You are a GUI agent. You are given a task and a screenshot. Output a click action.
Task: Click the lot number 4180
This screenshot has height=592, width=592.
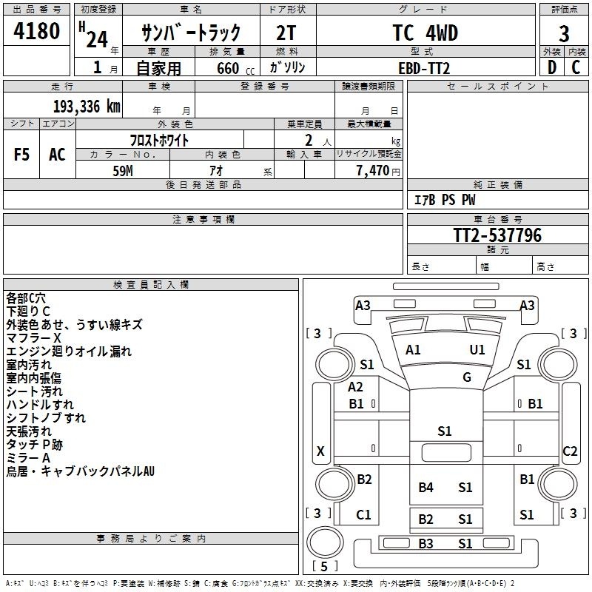[36, 30]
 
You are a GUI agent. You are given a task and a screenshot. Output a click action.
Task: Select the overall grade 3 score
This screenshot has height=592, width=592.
[564, 33]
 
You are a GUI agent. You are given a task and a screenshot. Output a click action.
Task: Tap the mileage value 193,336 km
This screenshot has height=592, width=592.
[87, 107]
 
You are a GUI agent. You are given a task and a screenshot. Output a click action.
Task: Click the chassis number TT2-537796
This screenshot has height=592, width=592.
[497, 235]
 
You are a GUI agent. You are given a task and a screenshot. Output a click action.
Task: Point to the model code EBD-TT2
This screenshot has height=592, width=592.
[424, 68]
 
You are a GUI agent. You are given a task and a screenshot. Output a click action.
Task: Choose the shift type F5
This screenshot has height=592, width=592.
[21, 155]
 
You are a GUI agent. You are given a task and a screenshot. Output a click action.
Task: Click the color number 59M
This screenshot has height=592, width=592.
[123, 171]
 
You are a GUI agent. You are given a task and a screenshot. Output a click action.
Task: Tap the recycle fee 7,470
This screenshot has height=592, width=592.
[373, 170]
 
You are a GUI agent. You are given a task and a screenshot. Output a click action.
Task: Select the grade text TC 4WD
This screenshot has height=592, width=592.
[425, 33]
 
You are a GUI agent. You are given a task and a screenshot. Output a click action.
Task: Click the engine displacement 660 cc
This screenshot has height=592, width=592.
[235, 68]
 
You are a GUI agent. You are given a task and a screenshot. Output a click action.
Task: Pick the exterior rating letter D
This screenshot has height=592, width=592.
[551, 67]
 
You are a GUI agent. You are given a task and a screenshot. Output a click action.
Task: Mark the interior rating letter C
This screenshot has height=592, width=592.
[576, 67]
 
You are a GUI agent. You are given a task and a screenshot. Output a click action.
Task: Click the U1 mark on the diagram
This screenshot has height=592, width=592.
[477, 349]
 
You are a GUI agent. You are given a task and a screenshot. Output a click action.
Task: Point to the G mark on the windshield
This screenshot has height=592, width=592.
[467, 377]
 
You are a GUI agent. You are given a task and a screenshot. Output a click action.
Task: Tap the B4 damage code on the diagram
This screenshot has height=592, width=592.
[425, 487]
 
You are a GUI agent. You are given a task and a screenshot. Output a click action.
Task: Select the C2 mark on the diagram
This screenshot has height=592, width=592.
[570, 451]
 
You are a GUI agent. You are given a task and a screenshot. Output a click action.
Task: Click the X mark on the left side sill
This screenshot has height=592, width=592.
[320, 451]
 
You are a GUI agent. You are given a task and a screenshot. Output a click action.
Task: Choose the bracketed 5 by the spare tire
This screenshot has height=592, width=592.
[324, 566]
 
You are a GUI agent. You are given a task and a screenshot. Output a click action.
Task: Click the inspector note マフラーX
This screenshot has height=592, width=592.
[33, 338]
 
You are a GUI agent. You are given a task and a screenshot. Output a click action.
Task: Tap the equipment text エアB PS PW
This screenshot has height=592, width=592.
[445, 199]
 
